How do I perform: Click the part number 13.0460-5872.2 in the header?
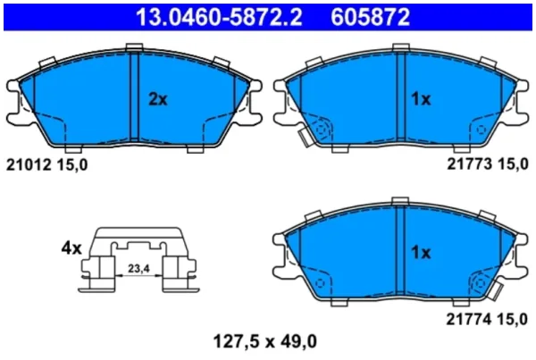tap(219, 17)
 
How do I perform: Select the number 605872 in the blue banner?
tap(370, 17)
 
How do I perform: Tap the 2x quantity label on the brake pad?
tap(158, 99)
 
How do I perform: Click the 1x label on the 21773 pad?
tap(421, 99)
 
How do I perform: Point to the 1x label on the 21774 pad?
tap(421, 253)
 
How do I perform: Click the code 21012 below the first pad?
tap(29, 165)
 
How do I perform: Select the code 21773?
tap(470, 164)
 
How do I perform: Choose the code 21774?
tap(469, 320)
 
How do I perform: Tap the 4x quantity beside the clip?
tap(71, 247)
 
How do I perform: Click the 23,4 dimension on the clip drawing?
tap(138, 269)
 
